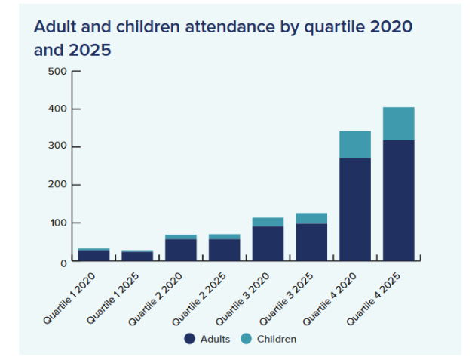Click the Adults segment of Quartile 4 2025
398,200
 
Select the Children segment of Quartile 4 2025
398,124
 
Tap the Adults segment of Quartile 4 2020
354,209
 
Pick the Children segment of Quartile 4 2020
354,144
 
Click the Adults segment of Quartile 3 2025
311,242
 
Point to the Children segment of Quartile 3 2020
268,222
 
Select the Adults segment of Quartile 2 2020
181,250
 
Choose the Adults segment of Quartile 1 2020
94,255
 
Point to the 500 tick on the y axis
58,72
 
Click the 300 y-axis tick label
58,146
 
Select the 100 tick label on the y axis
58,223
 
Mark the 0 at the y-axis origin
63,262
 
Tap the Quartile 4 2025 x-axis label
378,298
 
